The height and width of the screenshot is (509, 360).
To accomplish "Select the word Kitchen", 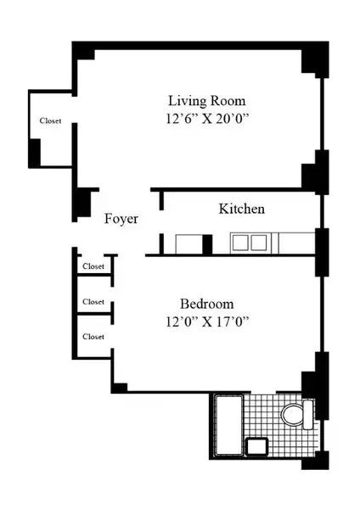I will pyautogui.click(x=242, y=209).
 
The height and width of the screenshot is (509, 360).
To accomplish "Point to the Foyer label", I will pyautogui.click(x=121, y=219).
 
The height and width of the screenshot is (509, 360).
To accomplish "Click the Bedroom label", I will pyautogui.click(x=206, y=304).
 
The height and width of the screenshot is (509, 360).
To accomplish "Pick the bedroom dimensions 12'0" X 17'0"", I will pyautogui.click(x=206, y=322).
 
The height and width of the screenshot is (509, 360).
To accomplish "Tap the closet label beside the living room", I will pyautogui.click(x=50, y=121).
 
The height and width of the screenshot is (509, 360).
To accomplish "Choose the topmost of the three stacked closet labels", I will pyautogui.click(x=93, y=266).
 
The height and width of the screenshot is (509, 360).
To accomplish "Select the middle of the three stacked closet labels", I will pyautogui.click(x=93, y=302).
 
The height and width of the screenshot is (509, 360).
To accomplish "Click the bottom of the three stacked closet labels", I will pyautogui.click(x=93, y=337).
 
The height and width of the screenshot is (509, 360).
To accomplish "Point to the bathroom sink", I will pyautogui.click(x=256, y=446).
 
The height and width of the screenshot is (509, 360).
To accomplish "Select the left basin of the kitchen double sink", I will pyautogui.click(x=240, y=243).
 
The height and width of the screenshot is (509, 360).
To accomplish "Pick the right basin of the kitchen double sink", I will pyautogui.click(x=259, y=243).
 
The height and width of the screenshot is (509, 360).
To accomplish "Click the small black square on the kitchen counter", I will pyautogui.click(x=207, y=244).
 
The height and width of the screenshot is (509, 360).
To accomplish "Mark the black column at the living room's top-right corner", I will pyautogui.click(x=313, y=59).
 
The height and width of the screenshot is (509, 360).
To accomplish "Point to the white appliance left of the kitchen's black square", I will pyautogui.click(x=188, y=244).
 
